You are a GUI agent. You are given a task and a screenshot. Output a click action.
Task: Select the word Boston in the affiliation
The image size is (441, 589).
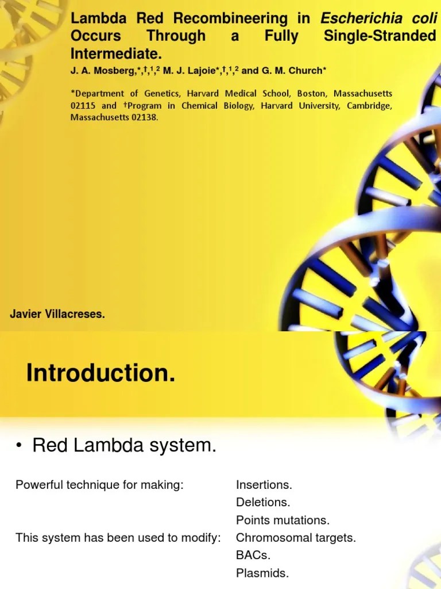(x=311, y=93)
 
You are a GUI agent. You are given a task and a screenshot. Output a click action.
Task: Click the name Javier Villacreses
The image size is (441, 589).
(x=57, y=314)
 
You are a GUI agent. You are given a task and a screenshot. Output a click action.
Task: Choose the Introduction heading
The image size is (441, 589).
(x=100, y=374)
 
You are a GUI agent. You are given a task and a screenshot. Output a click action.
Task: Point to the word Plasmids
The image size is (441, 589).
(x=262, y=573)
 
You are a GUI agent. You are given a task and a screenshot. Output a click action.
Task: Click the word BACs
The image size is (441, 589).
(x=253, y=556)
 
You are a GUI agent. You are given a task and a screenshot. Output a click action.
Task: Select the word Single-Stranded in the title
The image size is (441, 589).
(x=380, y=36)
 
